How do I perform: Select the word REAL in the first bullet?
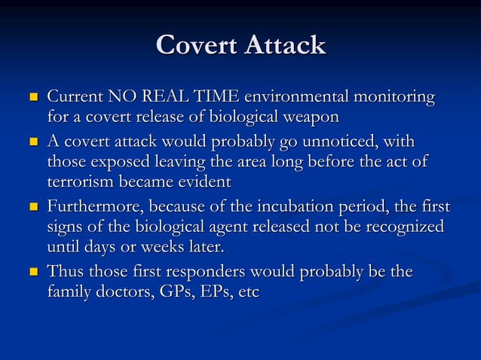(176, 98)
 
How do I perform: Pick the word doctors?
(123, 291)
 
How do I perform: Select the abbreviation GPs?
(176, 291)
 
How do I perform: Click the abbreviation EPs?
(219, 291)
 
